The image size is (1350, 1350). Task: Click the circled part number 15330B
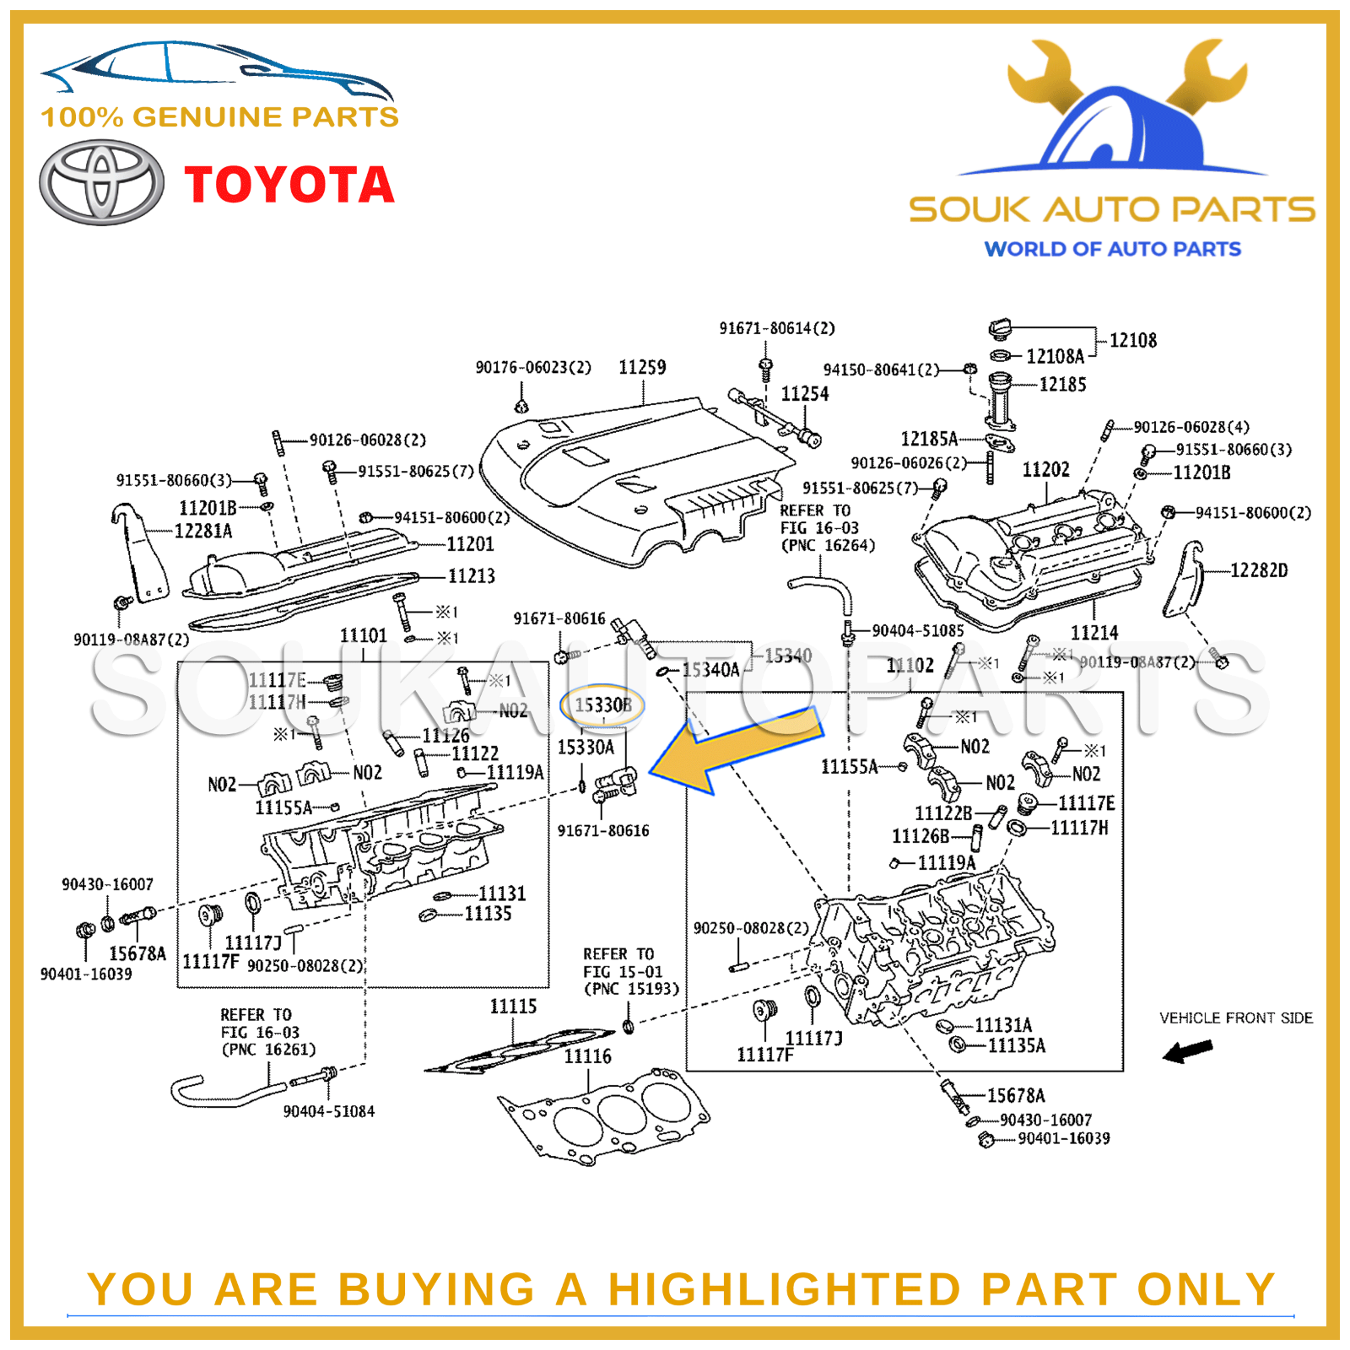(x=602, y=705)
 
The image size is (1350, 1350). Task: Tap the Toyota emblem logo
(x=101, y=182)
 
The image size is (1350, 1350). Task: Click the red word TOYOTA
(x=289, y=185)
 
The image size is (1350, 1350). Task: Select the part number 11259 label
(x=642, y=367)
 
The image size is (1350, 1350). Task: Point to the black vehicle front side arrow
(x=1187, y=1050)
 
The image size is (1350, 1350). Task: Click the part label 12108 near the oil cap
(x=1132, y=340)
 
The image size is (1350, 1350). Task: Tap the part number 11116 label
(x=587, y=1056)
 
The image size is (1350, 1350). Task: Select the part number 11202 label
(x=1045, y=469)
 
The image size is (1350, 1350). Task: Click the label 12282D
(x=1259, y=570)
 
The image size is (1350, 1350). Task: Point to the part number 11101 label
(x=363, y=635)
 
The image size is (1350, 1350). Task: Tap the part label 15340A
(x=710, y=670)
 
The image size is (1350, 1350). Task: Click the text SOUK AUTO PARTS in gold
(x=1112, y=209)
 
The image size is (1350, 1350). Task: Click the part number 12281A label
(x=202, y=531)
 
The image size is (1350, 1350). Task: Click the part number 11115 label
(x=513, y=1006)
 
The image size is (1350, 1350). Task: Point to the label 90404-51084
(x=328, y=1111)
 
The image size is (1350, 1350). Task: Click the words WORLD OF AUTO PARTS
(x=1112, y=249)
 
